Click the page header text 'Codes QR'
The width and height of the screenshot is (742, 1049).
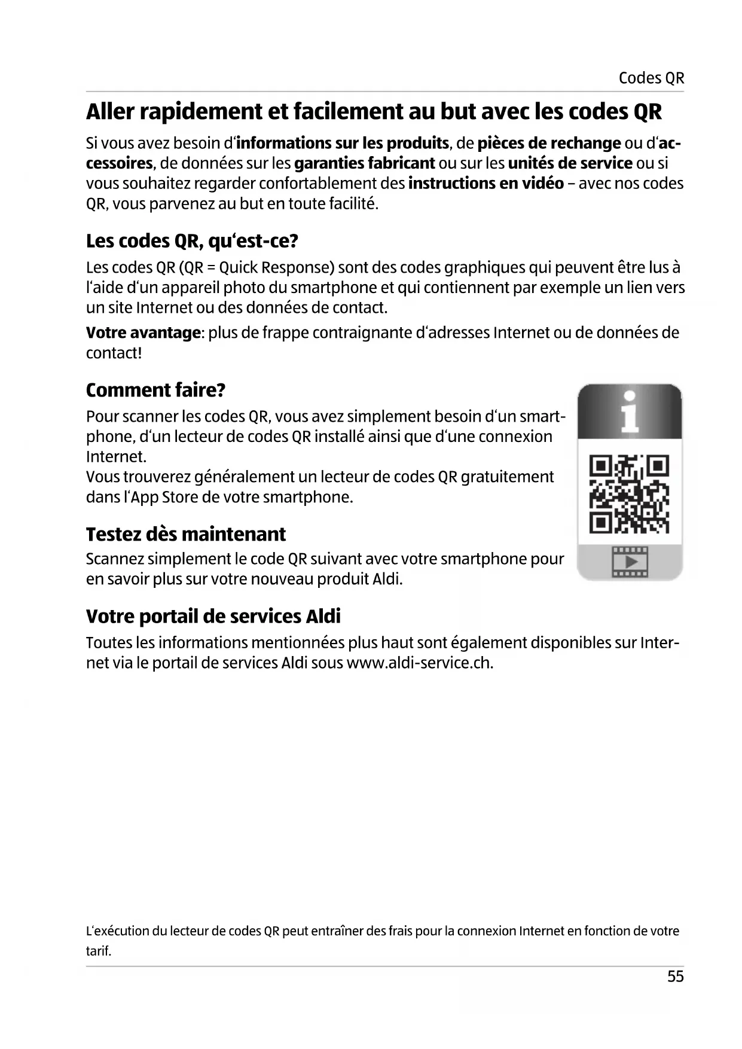click(x=651, y=78)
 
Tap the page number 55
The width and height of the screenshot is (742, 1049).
click(x=675, y=977)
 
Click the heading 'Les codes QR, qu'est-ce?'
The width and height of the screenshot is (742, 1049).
click(x=192, y=241)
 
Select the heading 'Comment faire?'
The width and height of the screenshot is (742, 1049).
click(x=155, y=390)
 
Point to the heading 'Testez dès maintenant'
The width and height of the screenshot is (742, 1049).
click(x=186, y=534)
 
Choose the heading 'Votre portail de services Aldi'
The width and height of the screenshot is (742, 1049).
click(x=213, y=617)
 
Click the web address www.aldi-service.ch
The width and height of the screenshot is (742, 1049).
click(x=419, y=663)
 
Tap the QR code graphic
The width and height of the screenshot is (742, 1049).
click(x=629, y=494)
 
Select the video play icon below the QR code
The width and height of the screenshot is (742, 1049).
click(x=630, y=562)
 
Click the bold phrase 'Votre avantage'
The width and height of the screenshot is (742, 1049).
click(x=143, y=333)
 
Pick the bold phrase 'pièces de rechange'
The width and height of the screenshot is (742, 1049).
click(x=549, y=144)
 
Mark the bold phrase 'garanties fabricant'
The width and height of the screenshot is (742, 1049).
click(x=365, y=163)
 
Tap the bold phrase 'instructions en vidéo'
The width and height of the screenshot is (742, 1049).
click(x=485, y=184)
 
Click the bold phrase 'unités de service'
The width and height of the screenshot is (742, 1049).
click(x=570, y=163)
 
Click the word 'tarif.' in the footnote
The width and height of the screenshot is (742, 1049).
click(x=99, y=951)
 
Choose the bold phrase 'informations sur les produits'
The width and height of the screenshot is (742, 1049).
click(x=343, y=144)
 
